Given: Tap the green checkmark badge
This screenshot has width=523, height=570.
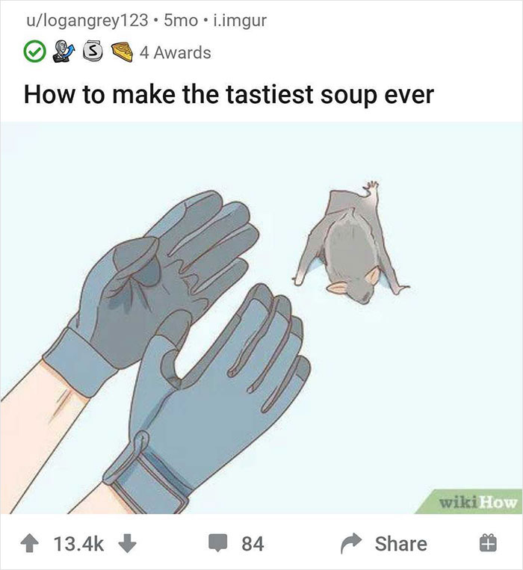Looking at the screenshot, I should pos(34,52).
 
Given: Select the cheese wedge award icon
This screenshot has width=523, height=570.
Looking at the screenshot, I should pos(123,52).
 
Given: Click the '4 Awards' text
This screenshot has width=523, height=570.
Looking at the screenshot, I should pos(176,52).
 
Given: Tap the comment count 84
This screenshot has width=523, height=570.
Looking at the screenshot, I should pos(253,543).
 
